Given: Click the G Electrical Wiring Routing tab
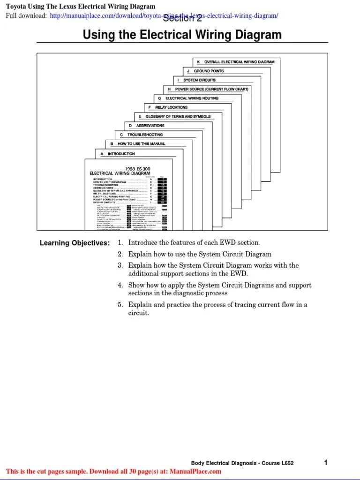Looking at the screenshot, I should click(x=188, y=98).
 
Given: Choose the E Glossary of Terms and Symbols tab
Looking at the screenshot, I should click(x=174, y=116).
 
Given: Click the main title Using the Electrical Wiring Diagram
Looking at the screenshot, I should click(x=182, y=35).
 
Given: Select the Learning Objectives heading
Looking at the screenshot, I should click(x=75, y=243).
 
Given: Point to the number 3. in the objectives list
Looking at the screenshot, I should click(x=120, y=265).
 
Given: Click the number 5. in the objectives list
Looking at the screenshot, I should click(x=120, y=305).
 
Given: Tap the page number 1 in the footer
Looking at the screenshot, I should click(x=325, y=463).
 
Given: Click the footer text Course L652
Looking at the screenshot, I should click(x=277, y=463).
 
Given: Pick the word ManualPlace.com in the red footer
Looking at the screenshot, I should click(x=195, y=472).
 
